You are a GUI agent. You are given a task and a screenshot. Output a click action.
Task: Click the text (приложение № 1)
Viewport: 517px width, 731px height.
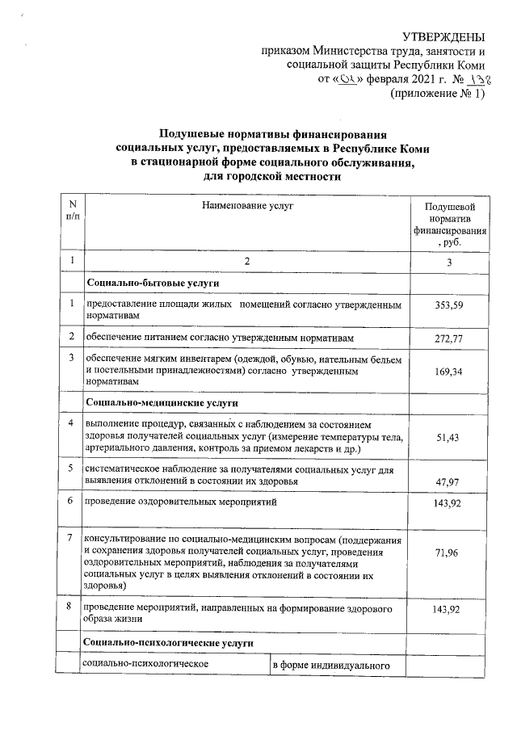[x=437, y=94]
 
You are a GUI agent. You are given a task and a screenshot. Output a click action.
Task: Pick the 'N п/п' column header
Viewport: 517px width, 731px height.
[x=72, y=213]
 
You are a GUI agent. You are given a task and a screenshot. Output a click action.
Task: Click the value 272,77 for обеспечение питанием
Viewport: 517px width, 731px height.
[x=449, y=338]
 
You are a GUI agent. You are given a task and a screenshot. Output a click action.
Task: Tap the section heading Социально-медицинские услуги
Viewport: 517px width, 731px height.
[x=160, y=402]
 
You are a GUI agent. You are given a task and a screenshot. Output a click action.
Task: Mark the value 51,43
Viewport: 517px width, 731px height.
[x=449, y=437]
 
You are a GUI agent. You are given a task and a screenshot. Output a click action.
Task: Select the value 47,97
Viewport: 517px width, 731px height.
[x=449, y=481]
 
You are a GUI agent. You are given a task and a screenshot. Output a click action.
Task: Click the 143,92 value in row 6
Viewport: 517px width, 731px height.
[x=449, y=502]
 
